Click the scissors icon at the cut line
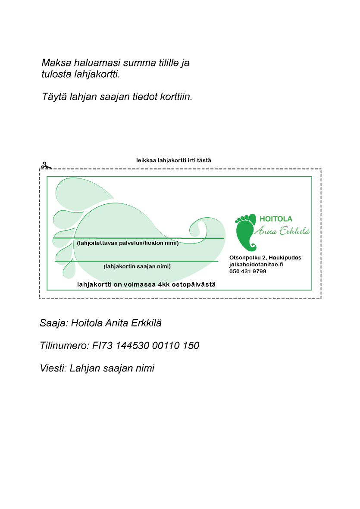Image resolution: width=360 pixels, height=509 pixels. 46,166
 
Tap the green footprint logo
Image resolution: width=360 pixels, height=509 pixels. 246,231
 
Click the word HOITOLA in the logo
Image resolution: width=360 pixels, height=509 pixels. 276,219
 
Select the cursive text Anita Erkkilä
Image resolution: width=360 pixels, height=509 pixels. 282,231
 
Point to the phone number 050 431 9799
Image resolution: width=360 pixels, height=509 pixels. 247,272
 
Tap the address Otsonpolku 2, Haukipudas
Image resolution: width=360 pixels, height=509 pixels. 265,258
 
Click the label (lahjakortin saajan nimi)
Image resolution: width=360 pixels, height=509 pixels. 137,266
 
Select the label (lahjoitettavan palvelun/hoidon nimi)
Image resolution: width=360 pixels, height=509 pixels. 128,243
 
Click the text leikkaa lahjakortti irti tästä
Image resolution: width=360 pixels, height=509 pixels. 173,160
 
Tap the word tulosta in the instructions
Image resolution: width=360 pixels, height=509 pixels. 55,74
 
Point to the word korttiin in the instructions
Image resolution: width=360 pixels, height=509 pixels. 175,97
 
